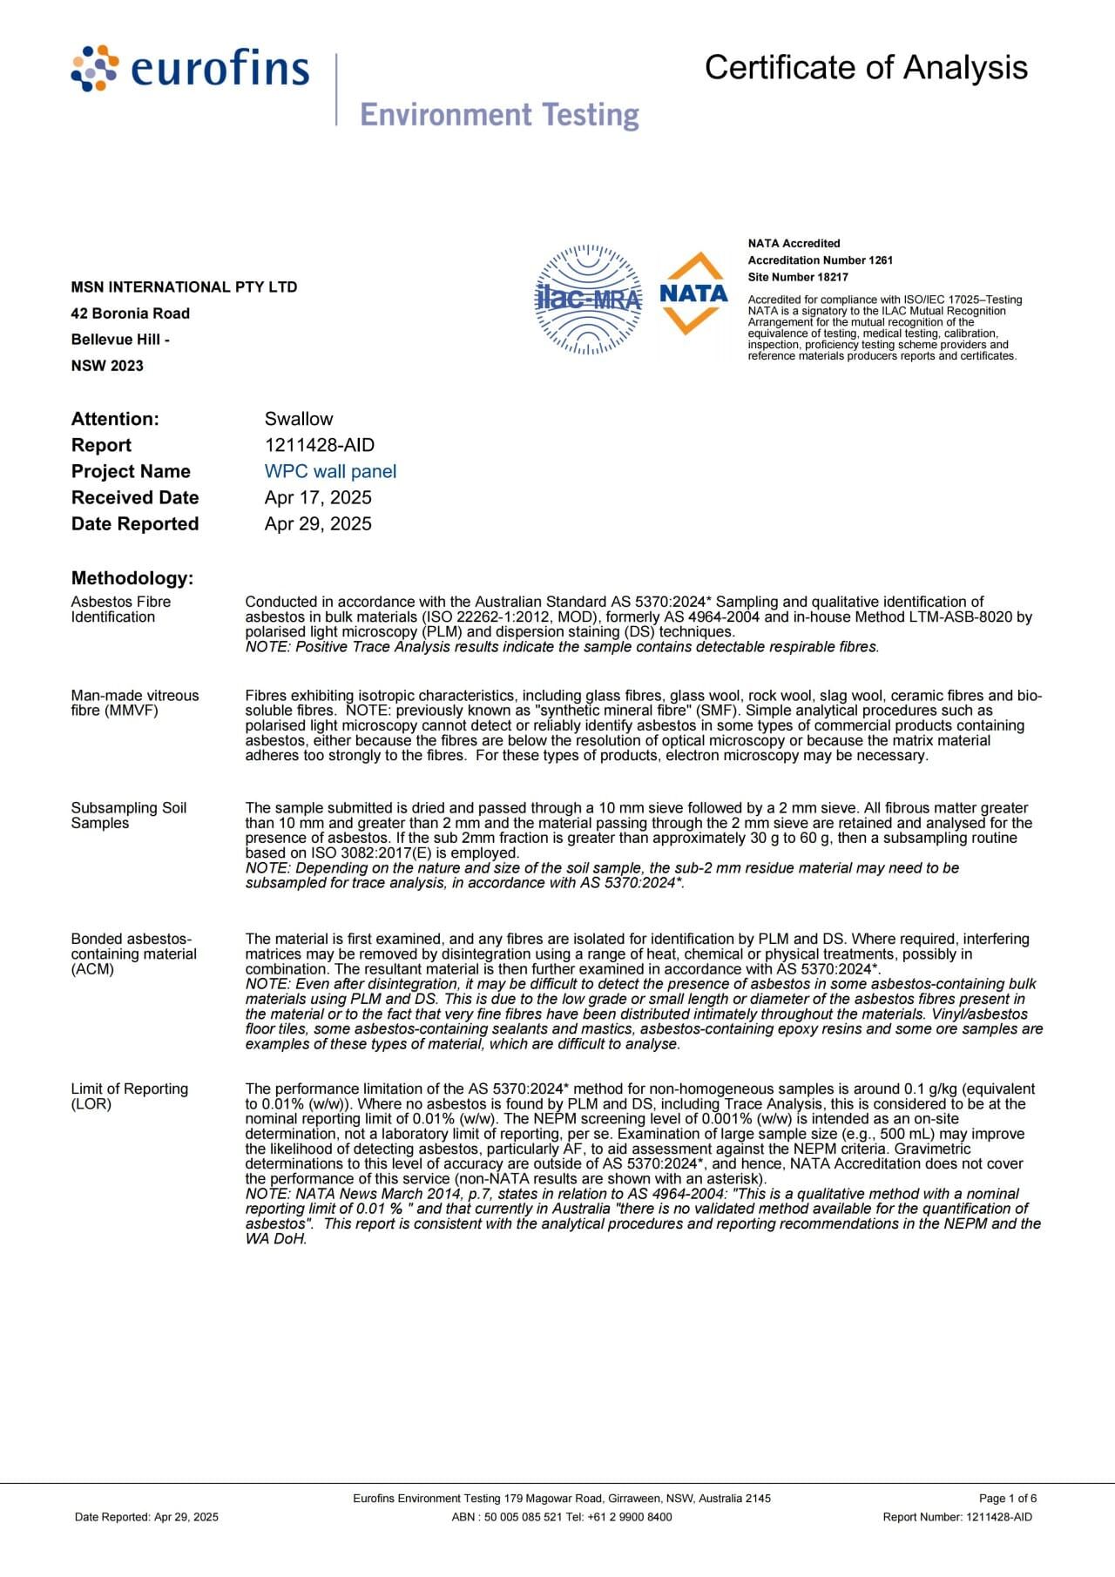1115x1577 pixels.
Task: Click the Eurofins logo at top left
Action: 190,69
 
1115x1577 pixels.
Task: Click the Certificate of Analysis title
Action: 866,67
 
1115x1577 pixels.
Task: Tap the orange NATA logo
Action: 693,294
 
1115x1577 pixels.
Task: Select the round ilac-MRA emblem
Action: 589,300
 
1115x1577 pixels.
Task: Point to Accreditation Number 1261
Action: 820,260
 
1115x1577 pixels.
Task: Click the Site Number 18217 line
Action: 797,277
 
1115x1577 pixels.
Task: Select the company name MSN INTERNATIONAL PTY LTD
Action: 184,287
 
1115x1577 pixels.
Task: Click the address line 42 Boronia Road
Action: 130,313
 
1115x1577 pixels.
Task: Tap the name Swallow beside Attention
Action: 299,419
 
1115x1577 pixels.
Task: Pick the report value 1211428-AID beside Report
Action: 320,445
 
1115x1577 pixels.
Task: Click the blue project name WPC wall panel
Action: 330,471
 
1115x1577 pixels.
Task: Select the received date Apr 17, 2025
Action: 318,497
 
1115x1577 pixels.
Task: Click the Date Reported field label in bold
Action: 135,523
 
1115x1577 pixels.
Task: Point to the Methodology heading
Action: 132,578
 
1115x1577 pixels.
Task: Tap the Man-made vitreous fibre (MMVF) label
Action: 134,703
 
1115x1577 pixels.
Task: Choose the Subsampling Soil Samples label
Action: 128,815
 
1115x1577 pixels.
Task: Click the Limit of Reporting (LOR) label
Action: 129,1095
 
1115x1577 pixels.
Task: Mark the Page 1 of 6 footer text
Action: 1008,1499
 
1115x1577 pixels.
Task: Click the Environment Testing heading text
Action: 499,114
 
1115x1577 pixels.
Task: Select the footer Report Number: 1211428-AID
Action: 957,1517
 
